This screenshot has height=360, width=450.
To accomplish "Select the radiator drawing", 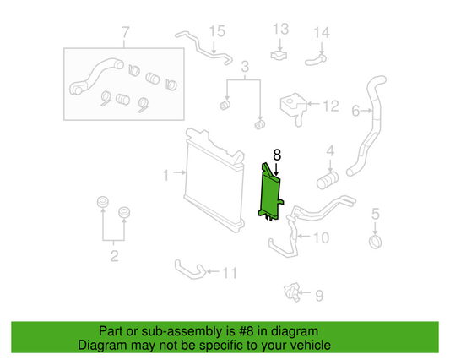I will (210, 180).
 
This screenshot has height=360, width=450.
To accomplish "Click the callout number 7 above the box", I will (126, 35).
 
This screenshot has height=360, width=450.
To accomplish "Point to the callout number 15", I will (218, 32).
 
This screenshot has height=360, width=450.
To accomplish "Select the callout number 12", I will (331, 106).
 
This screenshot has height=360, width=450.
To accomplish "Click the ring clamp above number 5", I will (376, 244).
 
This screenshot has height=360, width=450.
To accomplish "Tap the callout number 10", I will (321, 238).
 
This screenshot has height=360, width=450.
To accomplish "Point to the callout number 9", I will (318, 295).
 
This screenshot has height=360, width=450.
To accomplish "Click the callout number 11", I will (229, 273).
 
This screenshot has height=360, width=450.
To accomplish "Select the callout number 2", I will (115, 256).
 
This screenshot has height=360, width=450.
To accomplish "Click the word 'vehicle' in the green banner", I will (309, 345).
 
